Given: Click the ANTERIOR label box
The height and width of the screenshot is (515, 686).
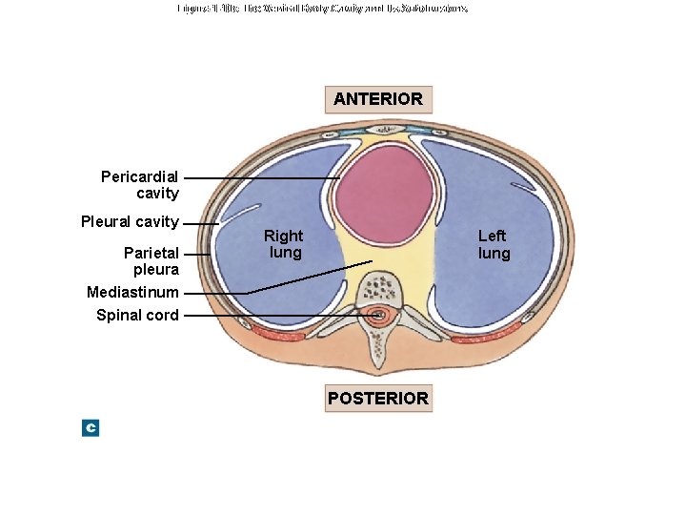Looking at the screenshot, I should pos(378,99).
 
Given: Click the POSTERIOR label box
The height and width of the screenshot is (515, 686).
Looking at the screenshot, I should pos(378,398).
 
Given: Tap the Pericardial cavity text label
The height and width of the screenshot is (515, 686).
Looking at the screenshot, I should pos(140,185).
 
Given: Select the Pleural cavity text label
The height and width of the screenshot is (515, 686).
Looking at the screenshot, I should pos(130,222).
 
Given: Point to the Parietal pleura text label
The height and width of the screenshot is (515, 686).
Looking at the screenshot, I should pos(151,261).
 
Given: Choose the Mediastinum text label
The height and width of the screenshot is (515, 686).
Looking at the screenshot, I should pos(132,292).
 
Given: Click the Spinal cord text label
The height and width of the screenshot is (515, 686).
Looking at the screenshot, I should pos(137,315).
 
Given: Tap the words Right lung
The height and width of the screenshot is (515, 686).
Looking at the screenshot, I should pos(284,244).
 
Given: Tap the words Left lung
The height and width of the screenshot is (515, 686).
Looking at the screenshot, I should pos(493,244).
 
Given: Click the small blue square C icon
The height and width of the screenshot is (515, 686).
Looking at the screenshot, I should pos(91,428).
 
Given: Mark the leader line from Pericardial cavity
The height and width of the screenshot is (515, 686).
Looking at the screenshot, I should pos(262,178).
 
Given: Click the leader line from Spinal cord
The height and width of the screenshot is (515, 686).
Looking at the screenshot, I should pos(276,315).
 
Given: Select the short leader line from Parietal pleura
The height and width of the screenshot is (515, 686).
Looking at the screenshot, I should pos(196,254).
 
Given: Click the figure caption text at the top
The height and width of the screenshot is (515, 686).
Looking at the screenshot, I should pos(322,9).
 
